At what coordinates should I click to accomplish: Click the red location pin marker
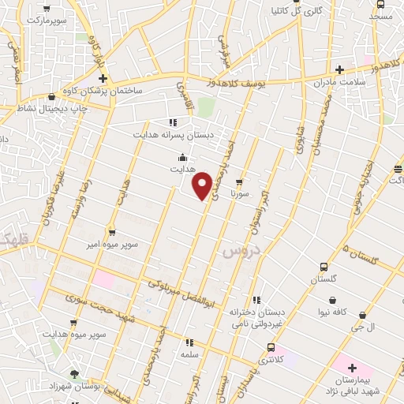(203, 185)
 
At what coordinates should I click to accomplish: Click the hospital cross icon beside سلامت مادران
(339, 70)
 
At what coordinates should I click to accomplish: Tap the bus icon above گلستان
(324, 267)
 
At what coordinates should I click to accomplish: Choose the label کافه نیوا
(335, 313)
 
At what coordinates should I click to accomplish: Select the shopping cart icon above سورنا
(238, 181)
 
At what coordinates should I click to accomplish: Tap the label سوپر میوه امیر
(114, 245)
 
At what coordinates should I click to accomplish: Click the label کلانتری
(271, 359)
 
